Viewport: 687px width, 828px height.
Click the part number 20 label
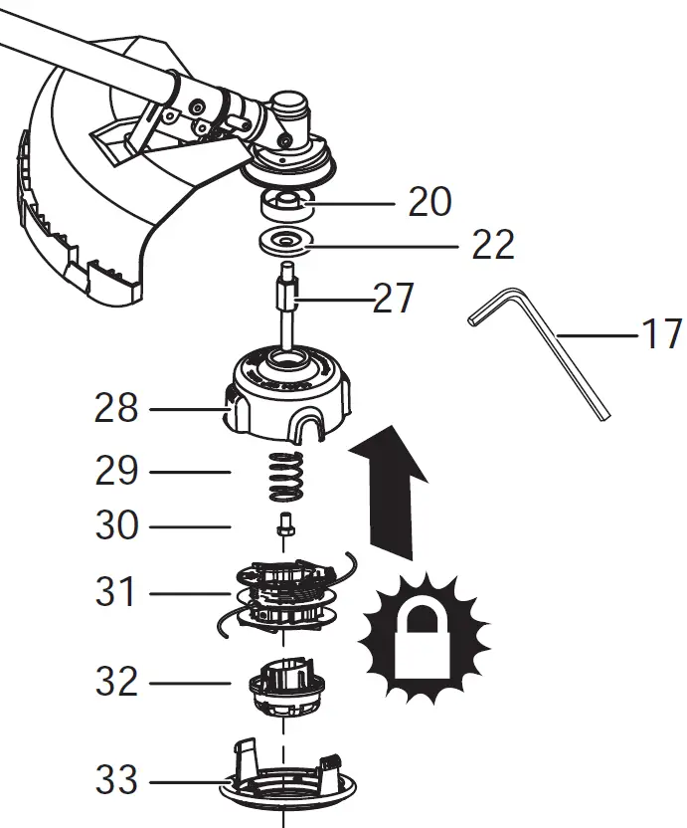click(x=429, y=202)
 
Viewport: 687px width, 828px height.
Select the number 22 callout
click(x=492, y=244)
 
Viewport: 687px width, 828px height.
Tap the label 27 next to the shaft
click(x=393, y=298)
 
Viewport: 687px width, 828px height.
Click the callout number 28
click(x=116, y=408)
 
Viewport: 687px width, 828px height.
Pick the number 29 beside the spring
click(x=116, y=471)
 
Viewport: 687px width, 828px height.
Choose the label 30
click(x=116, y=525)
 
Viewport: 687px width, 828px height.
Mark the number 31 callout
click(x=116, y=593)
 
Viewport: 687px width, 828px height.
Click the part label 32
click(x=116, y=683)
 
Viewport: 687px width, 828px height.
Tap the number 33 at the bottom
click(x=116, y=781)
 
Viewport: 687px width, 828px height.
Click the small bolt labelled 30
click(x=284, y=522)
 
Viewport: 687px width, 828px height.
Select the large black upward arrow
click(x=390, y=488)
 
